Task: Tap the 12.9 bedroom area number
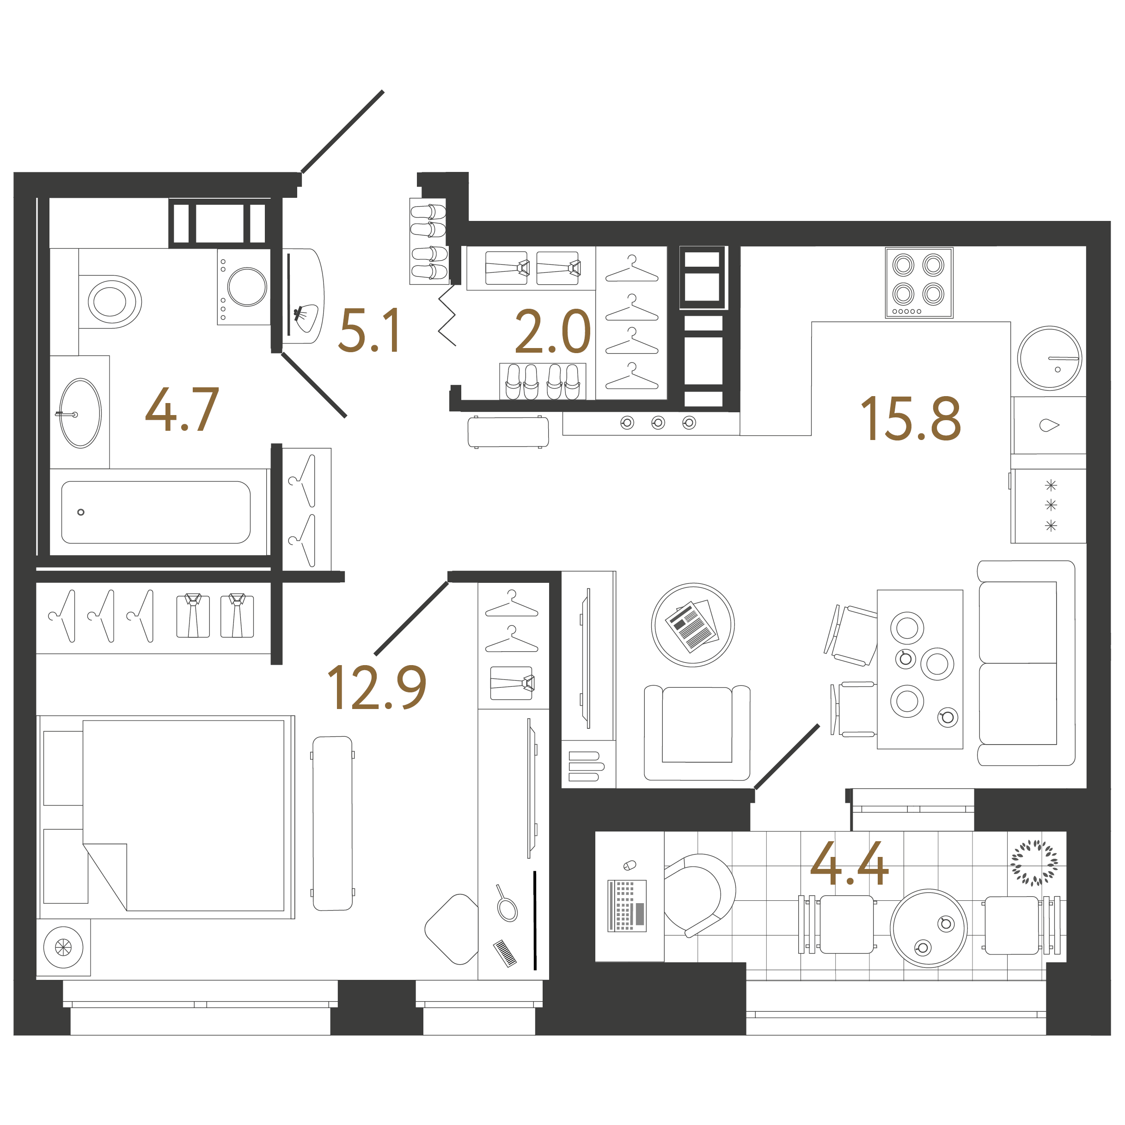click(x=377, y=688)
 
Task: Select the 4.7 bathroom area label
click(x=182, y=410)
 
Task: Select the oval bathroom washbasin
click(x=80, y=413)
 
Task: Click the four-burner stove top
click(x=919, y=282)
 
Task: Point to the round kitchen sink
click(x=1049, y=358)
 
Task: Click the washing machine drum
click(x=247, y=287)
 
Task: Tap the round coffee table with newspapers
click(x=692, y=625)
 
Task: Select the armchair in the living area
click(x=697, y=732)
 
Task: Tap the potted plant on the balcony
click(x=1034, y=862)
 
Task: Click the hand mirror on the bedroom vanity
click(x=507, y=905)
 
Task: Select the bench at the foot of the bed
click(x=332, y=823)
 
